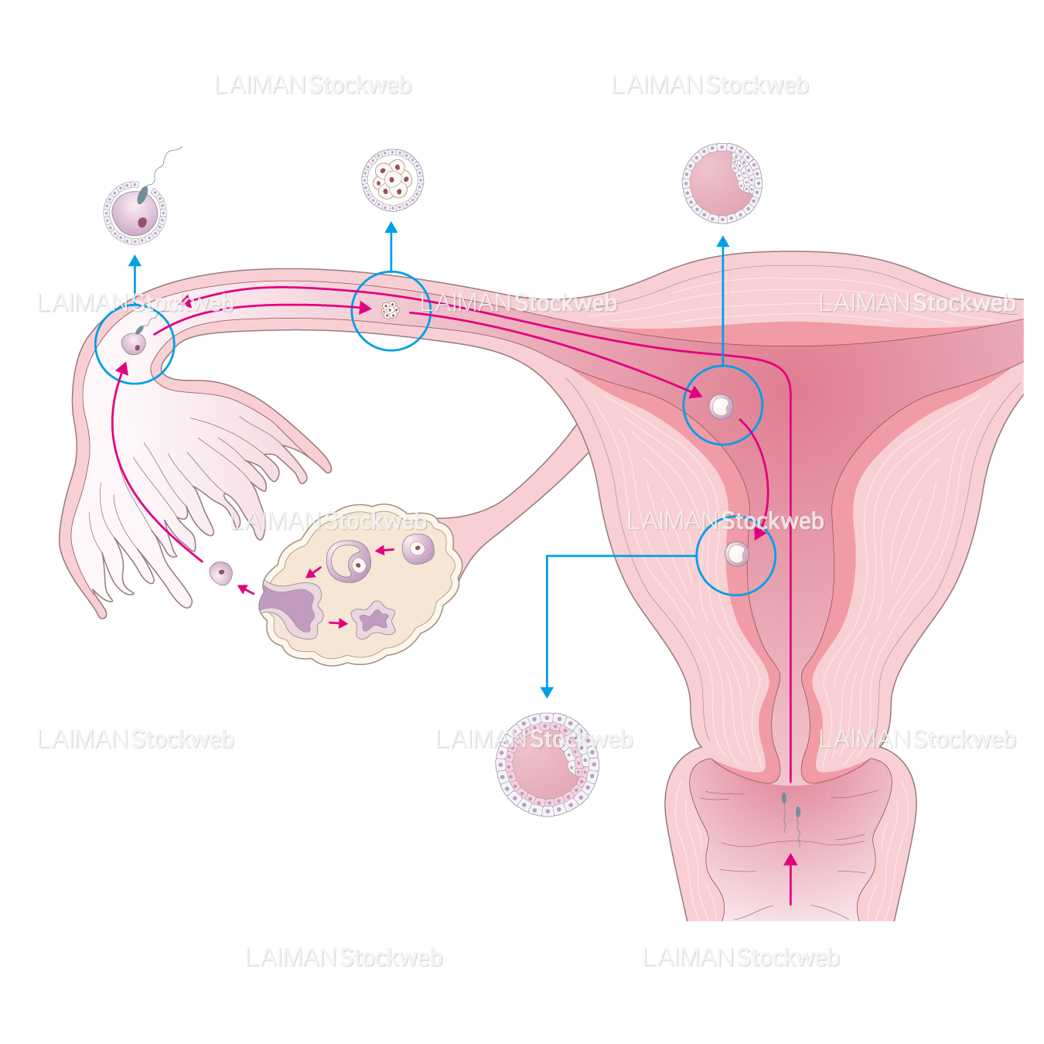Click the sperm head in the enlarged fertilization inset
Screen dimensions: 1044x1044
point(143,194)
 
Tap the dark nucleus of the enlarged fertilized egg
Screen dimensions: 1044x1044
point(142,223)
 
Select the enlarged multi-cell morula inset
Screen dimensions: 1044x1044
point(393,180)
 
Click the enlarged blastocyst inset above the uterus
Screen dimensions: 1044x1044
point(722,183)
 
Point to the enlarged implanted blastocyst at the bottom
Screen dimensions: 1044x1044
point(547,765)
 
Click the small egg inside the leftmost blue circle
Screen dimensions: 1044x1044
point(134,343)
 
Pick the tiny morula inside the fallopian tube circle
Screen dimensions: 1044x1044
point(391,310)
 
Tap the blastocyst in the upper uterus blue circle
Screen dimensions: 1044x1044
point(721,406)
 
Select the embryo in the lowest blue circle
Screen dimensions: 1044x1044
point(737,554)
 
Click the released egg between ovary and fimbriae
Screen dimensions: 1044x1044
point(221,573)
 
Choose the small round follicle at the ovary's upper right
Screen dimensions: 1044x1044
point(418,549)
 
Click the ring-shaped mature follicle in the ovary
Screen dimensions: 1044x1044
point(350,561)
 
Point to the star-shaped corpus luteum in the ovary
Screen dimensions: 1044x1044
point(374,619)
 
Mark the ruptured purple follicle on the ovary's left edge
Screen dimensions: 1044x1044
point(292,608)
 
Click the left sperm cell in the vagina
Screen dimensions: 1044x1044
point(784,799)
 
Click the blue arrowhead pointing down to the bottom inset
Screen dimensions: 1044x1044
point(548,692)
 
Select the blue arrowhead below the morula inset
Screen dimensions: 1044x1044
point(391,228)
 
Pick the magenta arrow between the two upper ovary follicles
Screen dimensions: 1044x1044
point(384,551)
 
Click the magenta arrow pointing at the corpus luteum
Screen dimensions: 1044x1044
point(339,623)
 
